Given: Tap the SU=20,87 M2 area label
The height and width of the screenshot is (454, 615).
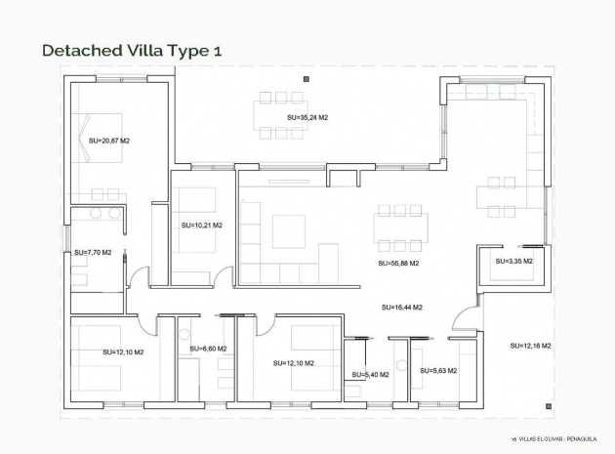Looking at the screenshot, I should click(109, 142).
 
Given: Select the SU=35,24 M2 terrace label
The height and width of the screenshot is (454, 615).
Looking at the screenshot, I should click(307, 117).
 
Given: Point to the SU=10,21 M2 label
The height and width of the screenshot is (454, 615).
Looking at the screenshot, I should click(202, 226).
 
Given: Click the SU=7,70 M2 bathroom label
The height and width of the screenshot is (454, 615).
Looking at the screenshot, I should click(93, 253).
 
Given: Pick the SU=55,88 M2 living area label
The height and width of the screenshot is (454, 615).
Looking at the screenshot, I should click(398, 264).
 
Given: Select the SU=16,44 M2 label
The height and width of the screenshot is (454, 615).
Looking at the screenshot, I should click(401, 308).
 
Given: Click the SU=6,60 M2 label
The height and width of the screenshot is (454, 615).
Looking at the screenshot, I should click(208, 349).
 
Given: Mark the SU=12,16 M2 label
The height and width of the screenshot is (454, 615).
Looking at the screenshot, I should click(531, 347).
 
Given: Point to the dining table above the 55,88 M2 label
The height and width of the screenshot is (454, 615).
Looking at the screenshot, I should click(400, 227).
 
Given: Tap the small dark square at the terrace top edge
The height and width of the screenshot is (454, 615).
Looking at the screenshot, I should click(306, 77).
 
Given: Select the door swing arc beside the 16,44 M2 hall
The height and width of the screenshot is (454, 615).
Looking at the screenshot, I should click(466, 317).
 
